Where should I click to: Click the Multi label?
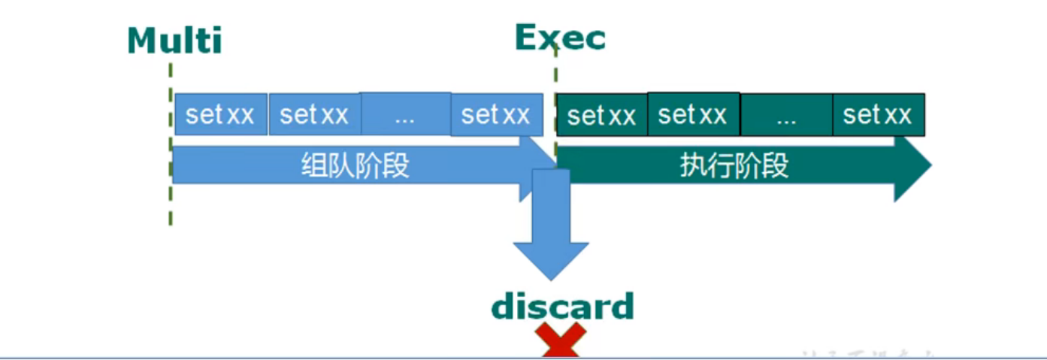coord(174,40)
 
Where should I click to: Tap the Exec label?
coord(560,37)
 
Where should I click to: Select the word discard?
coord(562,307)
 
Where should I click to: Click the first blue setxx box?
coord(220,115)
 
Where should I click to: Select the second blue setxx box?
coord(314,115)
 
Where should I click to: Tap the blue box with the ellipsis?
coord(405,115)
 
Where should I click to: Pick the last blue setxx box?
coord(496,115)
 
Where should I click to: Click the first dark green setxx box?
coord(601,116)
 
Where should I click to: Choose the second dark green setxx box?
coord(693,115)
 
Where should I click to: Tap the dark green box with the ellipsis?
coord(785,116)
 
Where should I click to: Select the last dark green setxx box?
coord(878,115)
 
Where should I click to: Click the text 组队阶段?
coord(355,165)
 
